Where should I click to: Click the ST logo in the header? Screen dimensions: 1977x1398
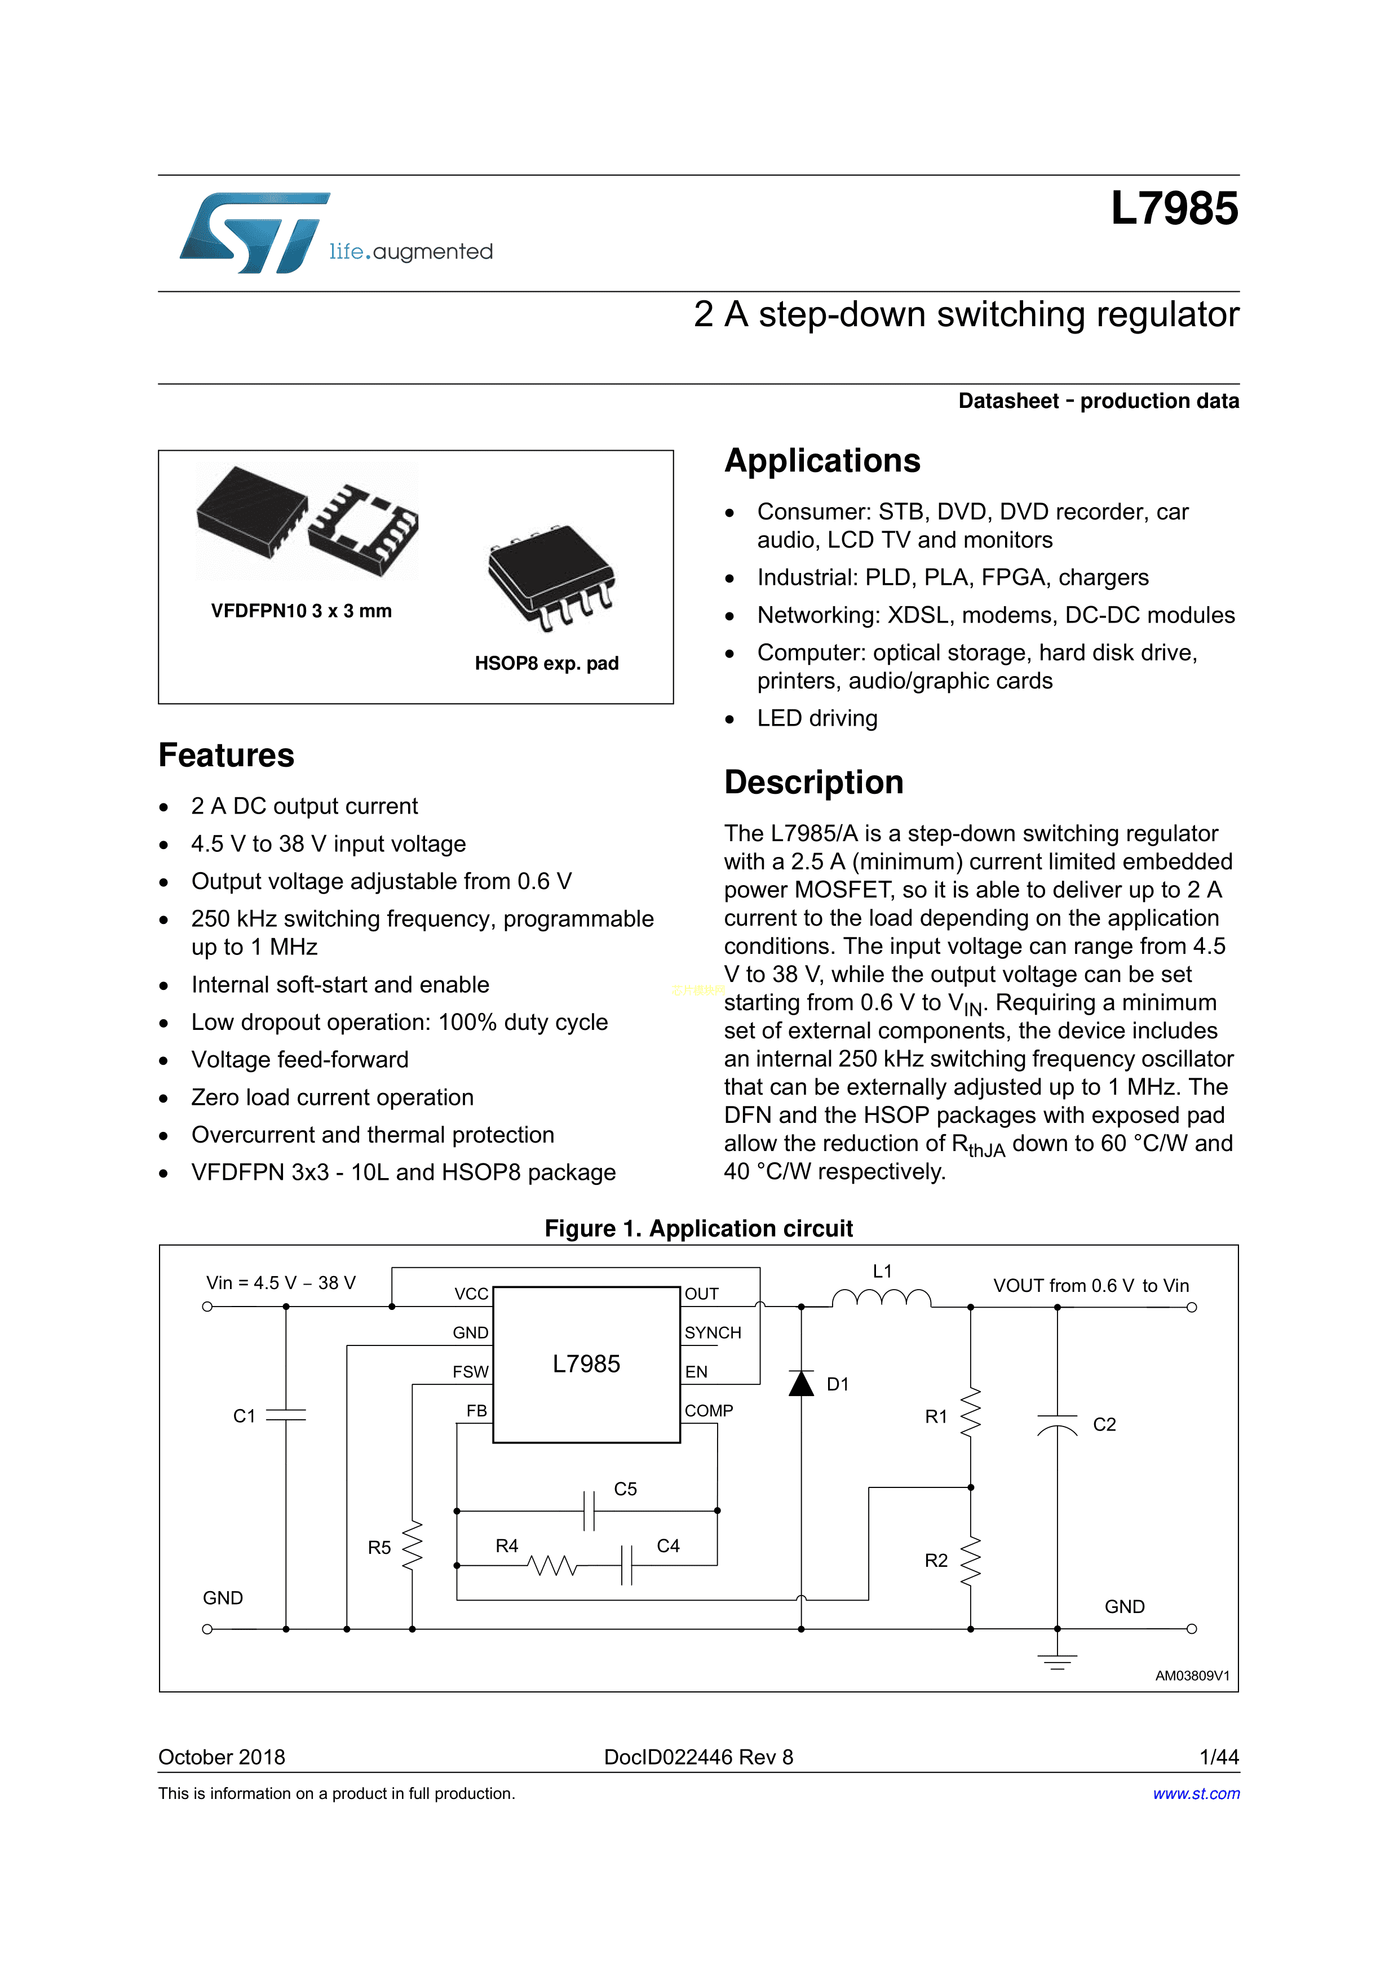pos(254,233)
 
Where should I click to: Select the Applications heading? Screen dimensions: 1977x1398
pos(822,461)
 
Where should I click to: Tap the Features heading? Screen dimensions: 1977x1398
pos(225,755)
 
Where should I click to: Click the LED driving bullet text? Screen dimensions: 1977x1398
pos(817,718)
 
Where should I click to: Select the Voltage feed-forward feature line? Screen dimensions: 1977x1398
pos(300,1060)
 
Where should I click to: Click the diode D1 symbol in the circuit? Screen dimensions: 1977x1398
pos(801,1384)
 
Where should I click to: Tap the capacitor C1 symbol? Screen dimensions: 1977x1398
pos(286,1415)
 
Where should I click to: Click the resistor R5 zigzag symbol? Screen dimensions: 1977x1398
pos(413,1547)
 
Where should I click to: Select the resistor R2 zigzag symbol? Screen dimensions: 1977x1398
pos(971,1560)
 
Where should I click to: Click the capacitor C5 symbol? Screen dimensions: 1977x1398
pos(589,1510)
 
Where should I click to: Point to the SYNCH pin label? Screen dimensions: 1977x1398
pos(713,1333)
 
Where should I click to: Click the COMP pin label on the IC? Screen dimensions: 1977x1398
pos(708,1410)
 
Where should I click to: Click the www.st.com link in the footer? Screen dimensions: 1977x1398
pos(1196,1793)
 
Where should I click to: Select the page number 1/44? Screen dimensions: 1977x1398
pos(1218,1757)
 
